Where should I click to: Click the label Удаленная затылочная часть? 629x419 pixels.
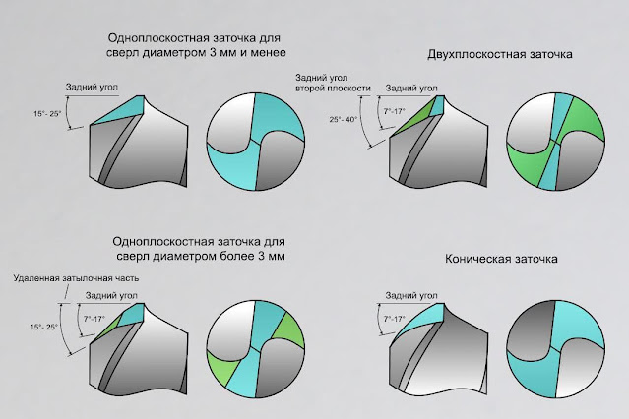[76, 278]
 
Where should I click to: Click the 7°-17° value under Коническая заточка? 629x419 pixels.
[393, 318]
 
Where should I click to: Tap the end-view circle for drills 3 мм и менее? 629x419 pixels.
[258, 144]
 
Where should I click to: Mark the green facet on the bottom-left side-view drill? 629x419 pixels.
[102, 330]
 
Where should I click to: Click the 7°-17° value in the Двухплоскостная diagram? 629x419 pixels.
[394, 111]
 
